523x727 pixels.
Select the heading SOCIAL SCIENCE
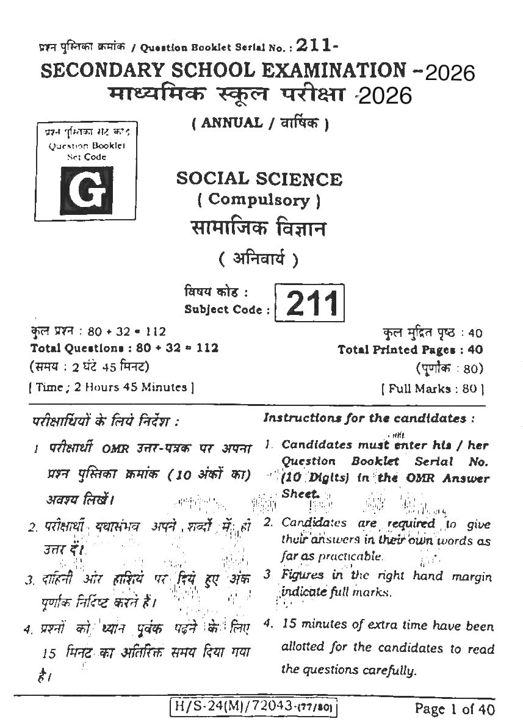pyautogui.click(x=259, y=179)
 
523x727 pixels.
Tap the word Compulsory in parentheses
pyautogui.click(x=259, y=199)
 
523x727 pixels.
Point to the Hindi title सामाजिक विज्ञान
pyautogui.click(x=259, y=229)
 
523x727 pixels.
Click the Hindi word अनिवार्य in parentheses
pyautogui.click(x=259, y=259)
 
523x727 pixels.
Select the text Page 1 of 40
pyautogui.click(x=454, y=709)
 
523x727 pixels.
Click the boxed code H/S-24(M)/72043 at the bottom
pyautogui.click(x=254, y=708)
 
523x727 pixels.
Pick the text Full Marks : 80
pyautogui.click(x=433, y=388)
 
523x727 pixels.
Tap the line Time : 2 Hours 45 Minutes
pyautogui.click(x=111, y=387)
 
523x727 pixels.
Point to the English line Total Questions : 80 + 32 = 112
pyautogui.click(x=124, y=349)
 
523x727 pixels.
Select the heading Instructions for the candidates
pyautogui.click(x=369, y=419)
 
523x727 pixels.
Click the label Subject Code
pyautogui.click(x=226, y=309)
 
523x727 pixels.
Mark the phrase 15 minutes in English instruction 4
pyautogui.click(x=313, y=624)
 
